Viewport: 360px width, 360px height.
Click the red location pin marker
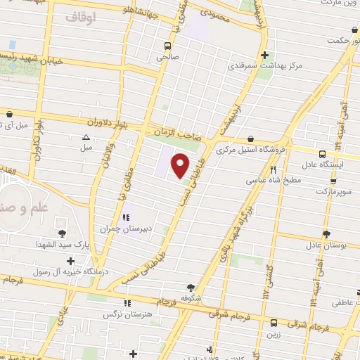point(181,166)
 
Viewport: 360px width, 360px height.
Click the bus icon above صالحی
point(167,47)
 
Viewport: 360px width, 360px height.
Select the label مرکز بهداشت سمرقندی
point(264,68)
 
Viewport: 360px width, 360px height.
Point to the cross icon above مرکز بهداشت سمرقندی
point(264,56)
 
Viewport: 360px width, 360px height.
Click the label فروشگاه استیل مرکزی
point(250,150)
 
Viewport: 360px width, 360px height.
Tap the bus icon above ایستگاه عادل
point(322,155)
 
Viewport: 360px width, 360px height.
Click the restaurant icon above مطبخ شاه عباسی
point(274,169)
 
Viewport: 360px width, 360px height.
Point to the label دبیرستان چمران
point(125,229)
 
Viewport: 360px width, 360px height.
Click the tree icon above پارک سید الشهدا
point(62,232)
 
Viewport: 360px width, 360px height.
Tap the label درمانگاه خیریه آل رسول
point(70,272)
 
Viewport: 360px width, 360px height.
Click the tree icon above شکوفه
point(191,287)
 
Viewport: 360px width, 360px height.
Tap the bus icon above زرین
point(274,323)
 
